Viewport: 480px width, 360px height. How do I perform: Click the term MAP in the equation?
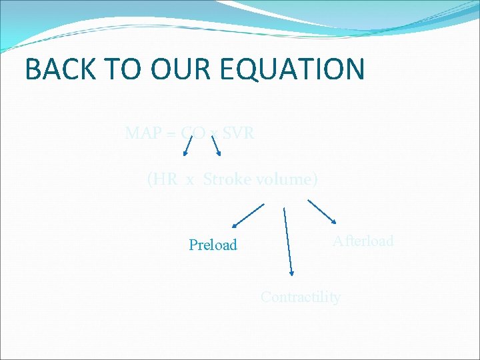pos(143,133)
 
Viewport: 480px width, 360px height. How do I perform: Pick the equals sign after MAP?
pos(171,134)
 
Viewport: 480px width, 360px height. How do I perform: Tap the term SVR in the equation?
pos(237,133)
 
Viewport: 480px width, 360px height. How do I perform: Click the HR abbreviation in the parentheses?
pos(163,179)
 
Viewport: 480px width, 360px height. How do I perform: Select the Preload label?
pos(213,245)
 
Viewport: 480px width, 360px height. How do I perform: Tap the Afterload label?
pos(363,241)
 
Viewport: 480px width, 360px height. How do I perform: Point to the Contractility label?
pos(300,297)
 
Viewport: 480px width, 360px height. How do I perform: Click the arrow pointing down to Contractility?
pos(288,241)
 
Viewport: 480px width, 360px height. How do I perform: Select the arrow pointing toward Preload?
pos(248,217)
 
